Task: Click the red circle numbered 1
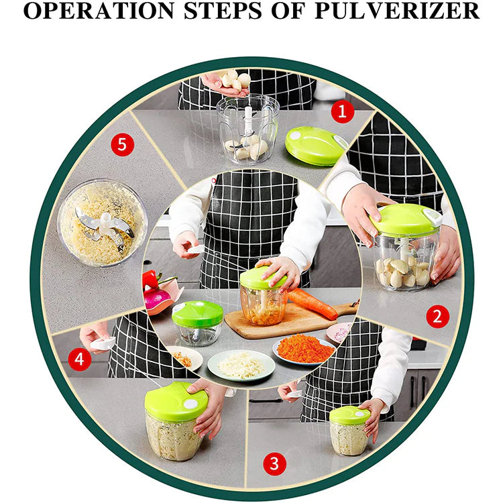click(x=343, y=111)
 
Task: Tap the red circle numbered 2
click(x=437, y=316)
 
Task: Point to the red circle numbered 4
click(x=79, y=359)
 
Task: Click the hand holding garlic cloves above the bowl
click(x=227, y=82)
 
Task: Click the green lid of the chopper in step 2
click(x=405, y=221)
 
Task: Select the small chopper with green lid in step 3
click(x=349, y=430)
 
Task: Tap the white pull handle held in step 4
click(x=103, y=343)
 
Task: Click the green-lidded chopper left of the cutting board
click(x=198, y=323)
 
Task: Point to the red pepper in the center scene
click(x=151, y=280)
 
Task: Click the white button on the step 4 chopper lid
click(x=190, y=405)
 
